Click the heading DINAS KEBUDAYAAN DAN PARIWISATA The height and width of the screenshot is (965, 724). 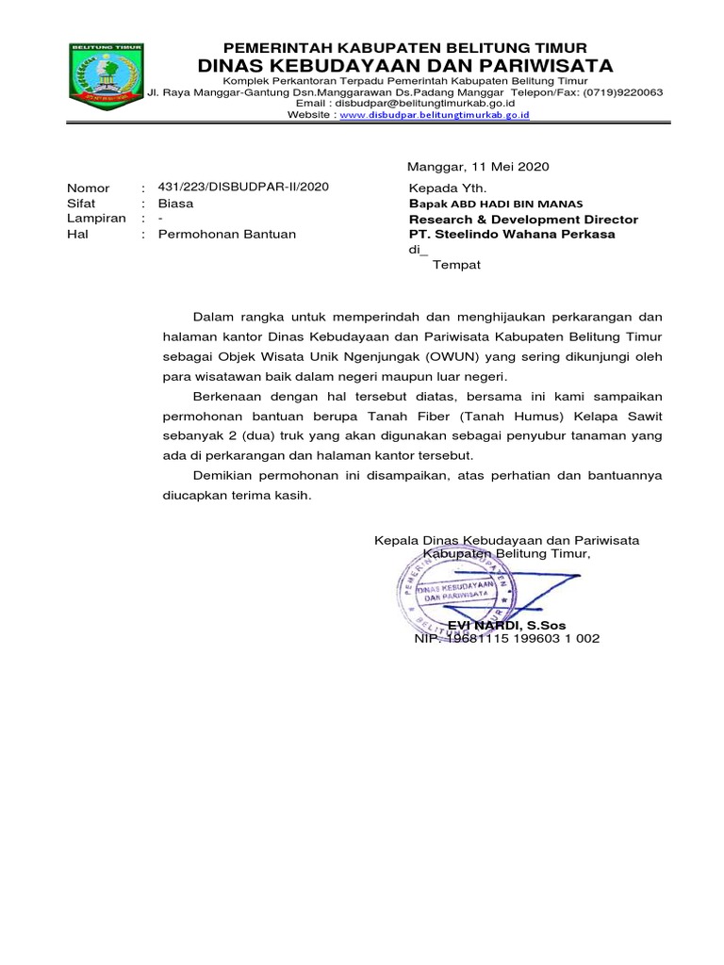(x=404, y=65)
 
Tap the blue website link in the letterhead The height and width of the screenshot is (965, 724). (x=434, y=114)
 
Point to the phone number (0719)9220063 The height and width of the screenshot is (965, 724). (x=622, y=93)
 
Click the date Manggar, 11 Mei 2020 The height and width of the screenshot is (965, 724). (x=477, y=167)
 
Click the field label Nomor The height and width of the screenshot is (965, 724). (x=88, y=188)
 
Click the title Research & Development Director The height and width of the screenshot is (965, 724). (x=523, y=220)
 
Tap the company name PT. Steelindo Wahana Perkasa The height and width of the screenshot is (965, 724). (x=512, y=235)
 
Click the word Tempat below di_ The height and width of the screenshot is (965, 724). (x=456, y=265)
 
